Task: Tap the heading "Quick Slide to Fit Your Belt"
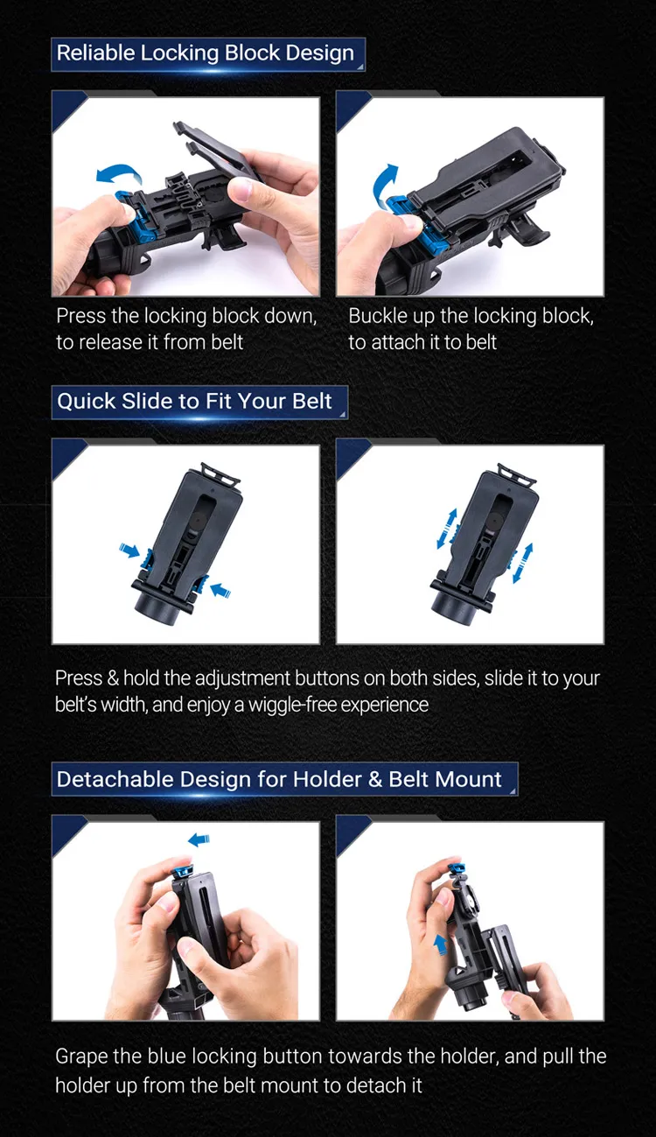coord(194,402)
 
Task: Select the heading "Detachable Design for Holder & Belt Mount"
coord(279,779)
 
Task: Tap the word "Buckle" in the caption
coord(379,316)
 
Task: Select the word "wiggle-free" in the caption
coord(298,704)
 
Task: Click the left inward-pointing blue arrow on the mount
coord(129,551)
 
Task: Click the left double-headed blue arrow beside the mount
coord(446,530)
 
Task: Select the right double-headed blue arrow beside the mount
coord(522,563)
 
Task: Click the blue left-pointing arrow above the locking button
coord(199,840)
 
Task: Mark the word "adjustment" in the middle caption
coord(238,678)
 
